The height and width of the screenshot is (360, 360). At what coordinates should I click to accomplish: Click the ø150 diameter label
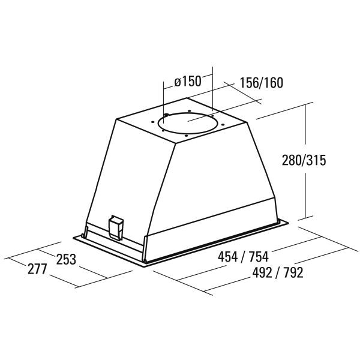(x=188, y=82)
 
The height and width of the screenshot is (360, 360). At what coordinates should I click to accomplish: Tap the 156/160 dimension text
(x=261, y=83)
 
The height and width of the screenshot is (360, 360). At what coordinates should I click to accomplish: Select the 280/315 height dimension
(x=304, y=160)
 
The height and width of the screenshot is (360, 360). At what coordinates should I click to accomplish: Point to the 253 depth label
(x=66, y=259)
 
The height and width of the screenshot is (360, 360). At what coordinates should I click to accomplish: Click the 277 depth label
(x=37, y=269)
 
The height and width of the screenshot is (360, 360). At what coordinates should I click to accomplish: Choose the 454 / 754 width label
(x=243, y=257)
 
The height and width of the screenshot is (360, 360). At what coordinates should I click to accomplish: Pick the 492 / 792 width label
(x=278, y=273)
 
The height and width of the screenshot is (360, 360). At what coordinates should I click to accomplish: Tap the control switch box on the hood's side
(x=116, y=228)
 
